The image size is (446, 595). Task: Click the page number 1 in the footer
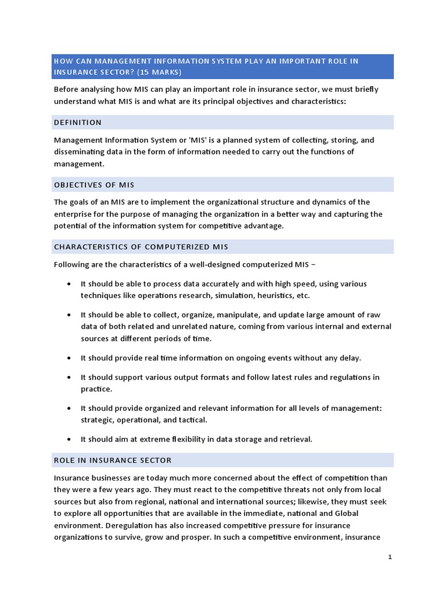(x=390, y=557)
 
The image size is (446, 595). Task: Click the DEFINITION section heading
(x=78, y=123)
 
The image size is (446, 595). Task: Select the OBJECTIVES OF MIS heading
(x=94, y=185)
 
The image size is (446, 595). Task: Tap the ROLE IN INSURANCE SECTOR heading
(x=113, y=460)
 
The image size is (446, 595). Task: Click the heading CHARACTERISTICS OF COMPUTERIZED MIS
(x=141, y=247)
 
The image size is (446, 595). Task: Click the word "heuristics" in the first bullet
(x=272, y=295)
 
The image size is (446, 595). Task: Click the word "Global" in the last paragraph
(x=346, y=514)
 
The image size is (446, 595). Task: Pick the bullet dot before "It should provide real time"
(x=70, y=358)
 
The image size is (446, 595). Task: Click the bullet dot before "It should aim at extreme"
(x=70, y=439)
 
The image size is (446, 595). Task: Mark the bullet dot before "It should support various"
(x=70, y=377)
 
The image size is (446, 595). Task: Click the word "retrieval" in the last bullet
(x=294, y=439)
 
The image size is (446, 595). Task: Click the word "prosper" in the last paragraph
(x=195, y=537)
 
